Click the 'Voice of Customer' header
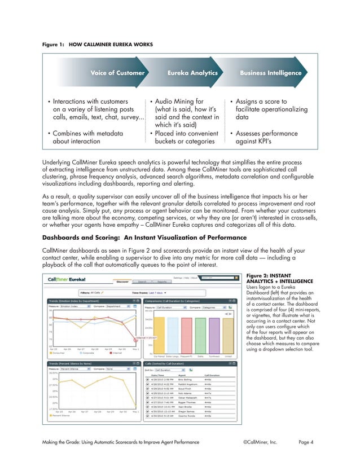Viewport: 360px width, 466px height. (118, 73)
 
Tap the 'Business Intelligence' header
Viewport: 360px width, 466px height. (270, 73)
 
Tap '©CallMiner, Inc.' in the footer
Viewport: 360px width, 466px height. (260, 442)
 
